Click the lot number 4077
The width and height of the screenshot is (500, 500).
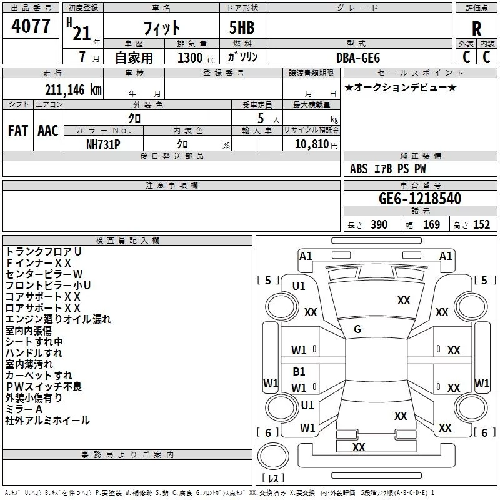coord(31,26)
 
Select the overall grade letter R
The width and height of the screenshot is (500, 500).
coord(476,29)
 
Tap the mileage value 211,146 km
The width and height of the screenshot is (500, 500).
coord(73,90)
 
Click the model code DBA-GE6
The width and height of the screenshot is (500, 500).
coord(358,57)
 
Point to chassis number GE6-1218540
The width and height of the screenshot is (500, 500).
coord(420,199)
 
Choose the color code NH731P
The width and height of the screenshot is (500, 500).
coord(103,144)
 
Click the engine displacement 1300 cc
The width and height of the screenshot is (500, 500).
coord(196,57)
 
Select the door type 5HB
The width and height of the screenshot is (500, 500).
coord(242,27)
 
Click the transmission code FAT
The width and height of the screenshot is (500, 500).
coord(18,131)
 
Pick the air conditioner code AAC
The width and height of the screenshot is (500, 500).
coord(48,131)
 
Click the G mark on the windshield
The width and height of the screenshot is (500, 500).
coord(357,329)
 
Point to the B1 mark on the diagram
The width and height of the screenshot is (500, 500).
coord(299,371)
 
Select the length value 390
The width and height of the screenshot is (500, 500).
coord(379,224)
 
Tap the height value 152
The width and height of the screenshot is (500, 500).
coord(481,224)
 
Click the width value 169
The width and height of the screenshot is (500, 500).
coord(431,224)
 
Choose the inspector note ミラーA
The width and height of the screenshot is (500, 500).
coord(24,409)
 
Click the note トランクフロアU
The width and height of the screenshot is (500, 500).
coord(43,252)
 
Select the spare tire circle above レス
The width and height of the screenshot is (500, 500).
coord(273,456)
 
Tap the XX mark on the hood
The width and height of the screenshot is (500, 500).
coord(404,301)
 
